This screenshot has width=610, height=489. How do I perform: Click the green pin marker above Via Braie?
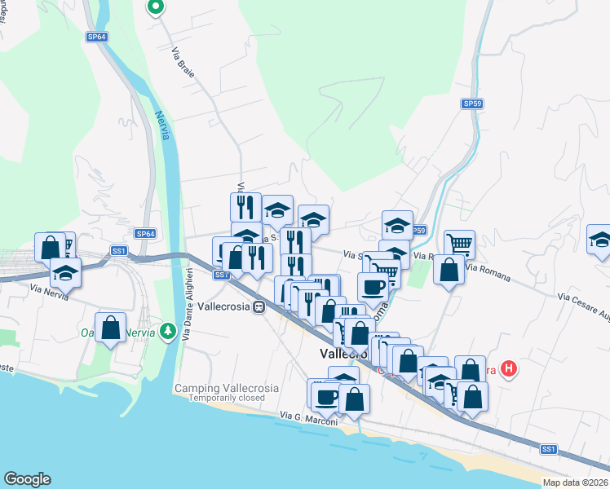tap(155, 7)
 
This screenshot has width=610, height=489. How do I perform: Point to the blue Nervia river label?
tap(162, 125)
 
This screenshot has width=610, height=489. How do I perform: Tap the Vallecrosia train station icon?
tap(259, 307)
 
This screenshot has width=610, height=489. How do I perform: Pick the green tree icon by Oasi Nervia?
tap(167, 331)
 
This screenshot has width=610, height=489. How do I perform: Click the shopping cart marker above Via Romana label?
tap(460, 243)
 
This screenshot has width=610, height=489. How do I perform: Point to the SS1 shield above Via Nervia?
tap(119, 251)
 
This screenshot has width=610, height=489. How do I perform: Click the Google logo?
tap(27, 479)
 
